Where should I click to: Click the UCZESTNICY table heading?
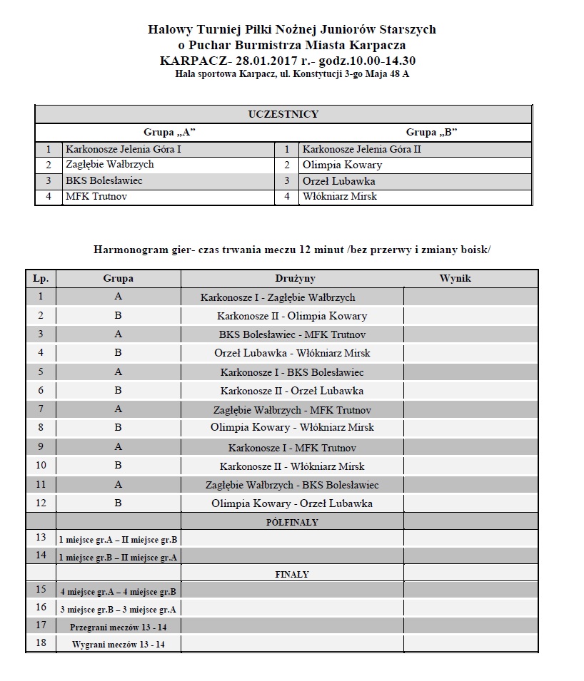[x=283, y=114]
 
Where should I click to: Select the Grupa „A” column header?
[x=169, y=133]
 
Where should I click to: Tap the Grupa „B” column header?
[x=431, y=133]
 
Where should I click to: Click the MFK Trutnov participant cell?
[x=96, y=196]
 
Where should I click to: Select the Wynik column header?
[x=455, y=279]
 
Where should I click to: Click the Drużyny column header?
[x=294, y=279]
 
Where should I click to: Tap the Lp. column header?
[x=41, y=279]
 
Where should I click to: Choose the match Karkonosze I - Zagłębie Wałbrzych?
[x=278, y=297]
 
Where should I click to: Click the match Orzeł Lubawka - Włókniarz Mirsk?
[x=292, y=353]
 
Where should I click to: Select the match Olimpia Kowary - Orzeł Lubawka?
[x=292, y=503]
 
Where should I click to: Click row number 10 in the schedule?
[x=41, y=466]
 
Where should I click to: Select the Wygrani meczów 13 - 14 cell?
[x=118, y=645]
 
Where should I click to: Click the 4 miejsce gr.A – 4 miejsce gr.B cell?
[x=118, y=592]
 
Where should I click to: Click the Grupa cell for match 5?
[x=118, y=372]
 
